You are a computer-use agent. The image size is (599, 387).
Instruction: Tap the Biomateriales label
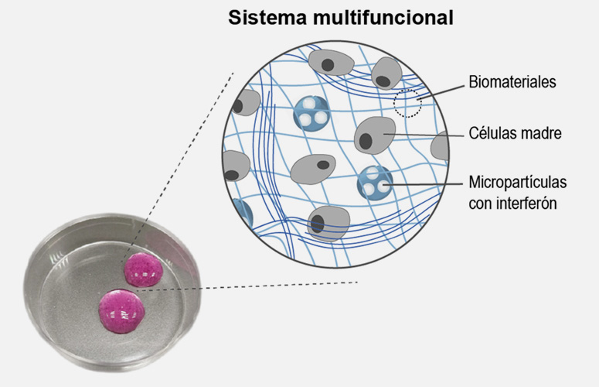point(512,82)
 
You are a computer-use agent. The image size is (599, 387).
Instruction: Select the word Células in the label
point(492,133)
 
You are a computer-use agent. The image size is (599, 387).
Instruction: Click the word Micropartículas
point(518,183)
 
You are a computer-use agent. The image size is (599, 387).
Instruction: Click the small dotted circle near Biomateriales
point(407,102)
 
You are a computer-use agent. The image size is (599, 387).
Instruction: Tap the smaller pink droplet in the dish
point(144,269)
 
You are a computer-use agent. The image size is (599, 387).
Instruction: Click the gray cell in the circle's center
point(315,165)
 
